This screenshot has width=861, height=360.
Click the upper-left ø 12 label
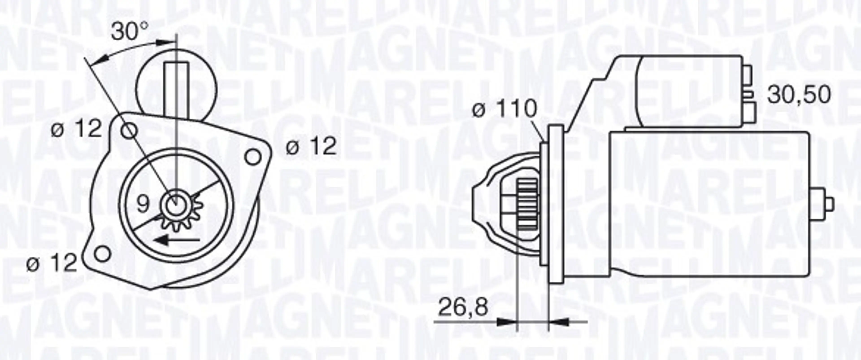[x=76, y=129]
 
